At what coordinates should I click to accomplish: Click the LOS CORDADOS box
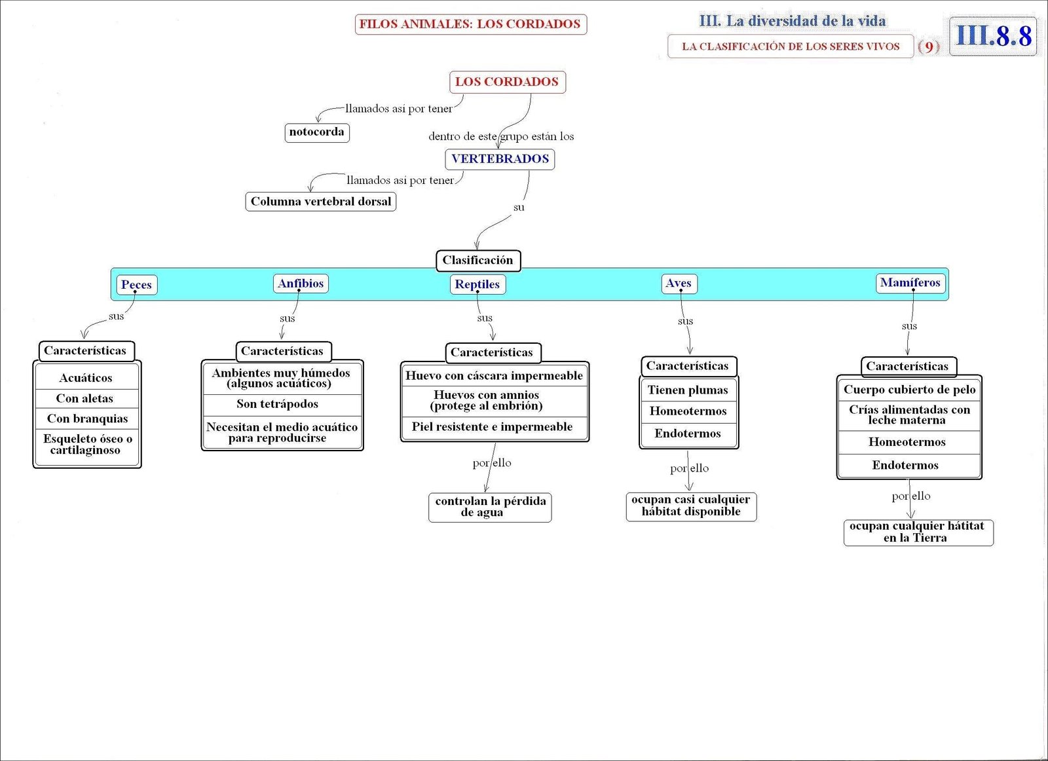pos(507,82)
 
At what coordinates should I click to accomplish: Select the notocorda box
pos(317,132)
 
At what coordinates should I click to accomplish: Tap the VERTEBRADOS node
pos(500,159)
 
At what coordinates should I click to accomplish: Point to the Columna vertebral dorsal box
pos(321,202)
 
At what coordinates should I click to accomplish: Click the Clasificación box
pos(477,261)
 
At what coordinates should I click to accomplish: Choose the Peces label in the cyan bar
pos(136,285)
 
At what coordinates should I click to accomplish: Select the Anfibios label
pos(301,284)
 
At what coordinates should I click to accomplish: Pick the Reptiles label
pos(477,284)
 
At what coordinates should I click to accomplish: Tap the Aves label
pos(679,284)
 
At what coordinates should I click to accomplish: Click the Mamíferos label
pos(910,283)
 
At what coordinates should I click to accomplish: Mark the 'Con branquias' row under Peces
pos(87,418)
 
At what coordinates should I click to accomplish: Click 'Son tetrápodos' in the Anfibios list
pos(278,404)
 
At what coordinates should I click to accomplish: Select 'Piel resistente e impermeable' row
pos(493,427)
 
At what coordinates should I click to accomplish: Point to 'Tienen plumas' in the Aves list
pos(688,390)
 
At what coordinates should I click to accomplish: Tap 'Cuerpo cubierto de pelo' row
pos(909,390)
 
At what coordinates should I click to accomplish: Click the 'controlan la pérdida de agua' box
pos(490,507)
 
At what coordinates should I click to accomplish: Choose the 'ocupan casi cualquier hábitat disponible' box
pos(691,506)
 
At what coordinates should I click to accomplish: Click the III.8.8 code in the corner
pos(993,36)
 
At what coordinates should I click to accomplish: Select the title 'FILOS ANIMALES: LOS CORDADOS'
pos(470,24)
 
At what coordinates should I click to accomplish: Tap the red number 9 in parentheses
pos(929,46)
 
